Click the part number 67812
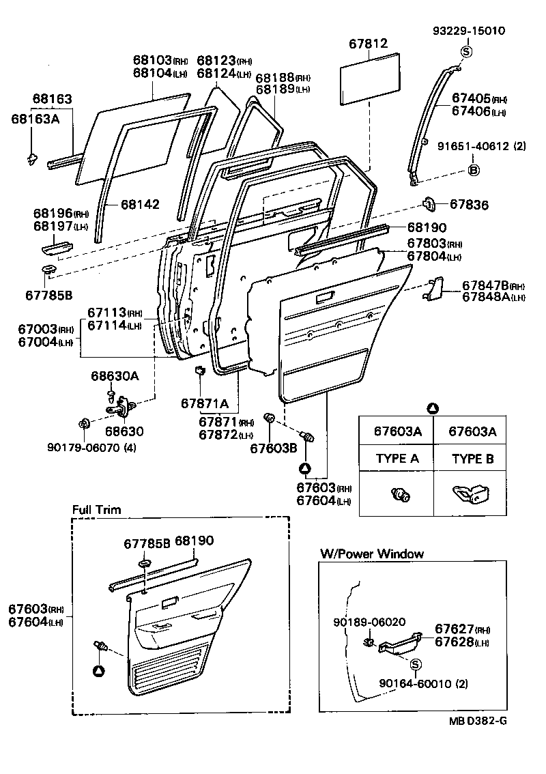[369, 44]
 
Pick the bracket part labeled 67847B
[431, 289]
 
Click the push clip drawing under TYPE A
[397, 495]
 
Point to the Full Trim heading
[96, 510]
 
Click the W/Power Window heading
[372, 554]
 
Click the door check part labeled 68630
[121, 407]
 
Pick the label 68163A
[35, 119]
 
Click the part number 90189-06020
[370, 622]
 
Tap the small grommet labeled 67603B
[269, 418]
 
